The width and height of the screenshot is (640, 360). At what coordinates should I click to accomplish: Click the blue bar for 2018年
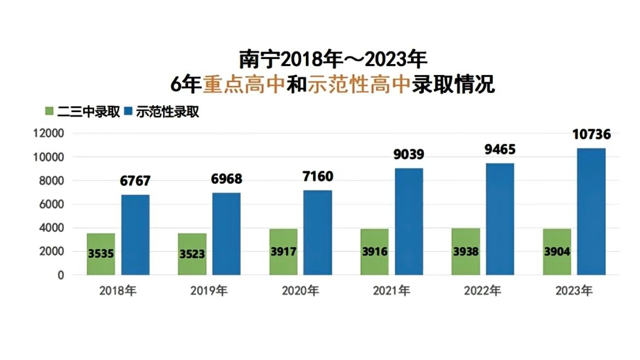135,235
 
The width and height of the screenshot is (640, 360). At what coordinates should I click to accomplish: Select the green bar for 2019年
192,254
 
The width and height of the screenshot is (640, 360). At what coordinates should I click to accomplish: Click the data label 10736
591,134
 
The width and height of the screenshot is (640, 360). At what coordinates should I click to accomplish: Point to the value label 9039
409,154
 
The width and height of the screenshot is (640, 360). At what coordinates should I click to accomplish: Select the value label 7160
318,176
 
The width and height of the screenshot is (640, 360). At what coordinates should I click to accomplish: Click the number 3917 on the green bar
283,252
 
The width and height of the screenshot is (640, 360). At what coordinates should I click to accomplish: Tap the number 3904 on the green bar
557,252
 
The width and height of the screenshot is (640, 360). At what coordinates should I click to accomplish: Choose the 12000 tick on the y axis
49,133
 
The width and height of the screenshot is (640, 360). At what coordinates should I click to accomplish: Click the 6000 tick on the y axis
52,204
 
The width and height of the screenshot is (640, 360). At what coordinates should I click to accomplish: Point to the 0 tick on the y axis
61,275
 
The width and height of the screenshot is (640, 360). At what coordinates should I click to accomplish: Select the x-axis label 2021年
391,291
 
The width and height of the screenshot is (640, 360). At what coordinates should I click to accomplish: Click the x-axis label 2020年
300,291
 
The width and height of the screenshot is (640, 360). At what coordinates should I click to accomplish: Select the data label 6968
226,179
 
